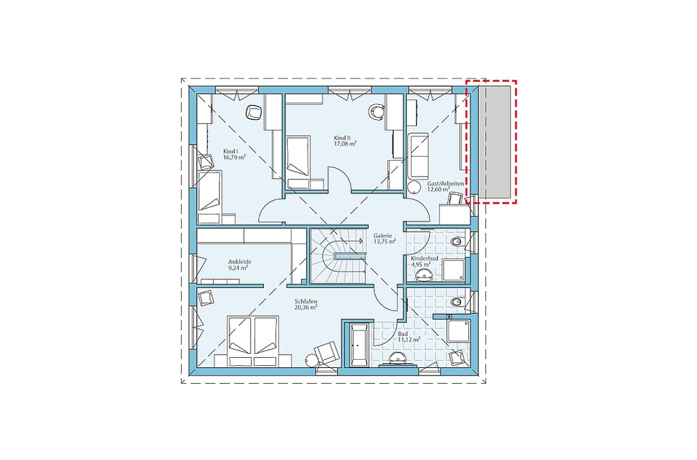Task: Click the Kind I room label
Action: pos(230,152)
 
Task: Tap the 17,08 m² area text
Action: pos(345,144)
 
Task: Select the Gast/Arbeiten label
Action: pos(445,183)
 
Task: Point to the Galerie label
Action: pos(383,236)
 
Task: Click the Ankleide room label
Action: pos(240,262)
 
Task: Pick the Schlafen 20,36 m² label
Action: pos(306,305)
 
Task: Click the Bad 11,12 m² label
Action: pos(409,337)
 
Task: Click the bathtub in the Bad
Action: pos(358,346)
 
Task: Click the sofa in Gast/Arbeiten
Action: pos(419,155)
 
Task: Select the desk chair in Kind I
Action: pos(253,112)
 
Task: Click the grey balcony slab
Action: pos(494,142)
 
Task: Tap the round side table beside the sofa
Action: pos(414,187)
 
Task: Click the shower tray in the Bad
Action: pos(458,331)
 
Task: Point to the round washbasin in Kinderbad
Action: pos(423,275)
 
